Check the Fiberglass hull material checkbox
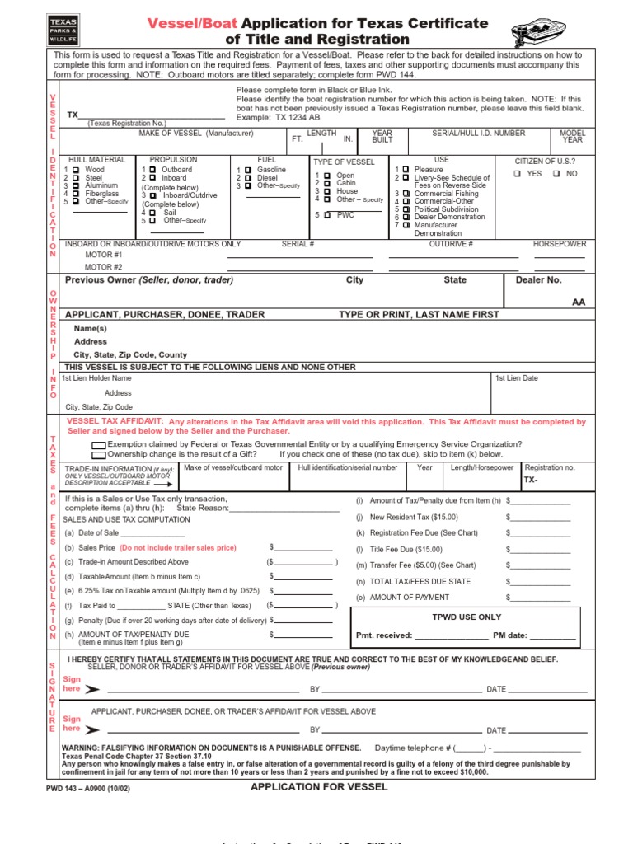(76, 194)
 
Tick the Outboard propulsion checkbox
(152, 170)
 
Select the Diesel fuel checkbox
(246, 178)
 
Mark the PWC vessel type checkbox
(327, 215)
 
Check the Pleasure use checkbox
(406, 170)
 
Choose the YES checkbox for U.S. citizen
(517, 174)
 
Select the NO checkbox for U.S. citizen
(556, 174)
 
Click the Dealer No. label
(538, 280)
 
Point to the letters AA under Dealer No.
(579, 302)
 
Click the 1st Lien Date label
(516, 378)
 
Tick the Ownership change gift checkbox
(99, 454)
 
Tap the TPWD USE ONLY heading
(467, 617)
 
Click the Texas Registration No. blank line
(152, 117)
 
